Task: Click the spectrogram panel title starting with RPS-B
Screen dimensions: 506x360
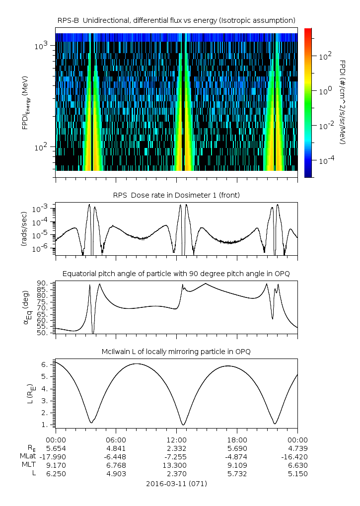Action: (176, 20)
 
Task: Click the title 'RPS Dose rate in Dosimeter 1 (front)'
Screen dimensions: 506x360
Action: (176, 195)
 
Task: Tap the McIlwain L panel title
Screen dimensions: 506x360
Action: (176, 352)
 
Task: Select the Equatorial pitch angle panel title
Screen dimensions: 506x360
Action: (176, 274)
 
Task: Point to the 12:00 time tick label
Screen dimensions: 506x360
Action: (176, 439)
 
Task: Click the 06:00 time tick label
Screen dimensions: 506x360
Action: (116, 439)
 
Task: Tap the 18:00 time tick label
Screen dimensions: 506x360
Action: (237, 439)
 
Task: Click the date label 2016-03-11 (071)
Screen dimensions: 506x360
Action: (176, 483)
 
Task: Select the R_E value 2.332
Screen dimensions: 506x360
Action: (176, 448)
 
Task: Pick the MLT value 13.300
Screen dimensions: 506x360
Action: (176, 465)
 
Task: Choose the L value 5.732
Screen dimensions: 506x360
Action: (237, 474)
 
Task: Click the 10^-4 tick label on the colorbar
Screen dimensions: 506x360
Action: (323, 161)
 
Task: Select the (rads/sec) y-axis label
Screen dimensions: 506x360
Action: (24, 229)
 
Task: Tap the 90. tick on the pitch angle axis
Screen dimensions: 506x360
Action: (42, 283)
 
